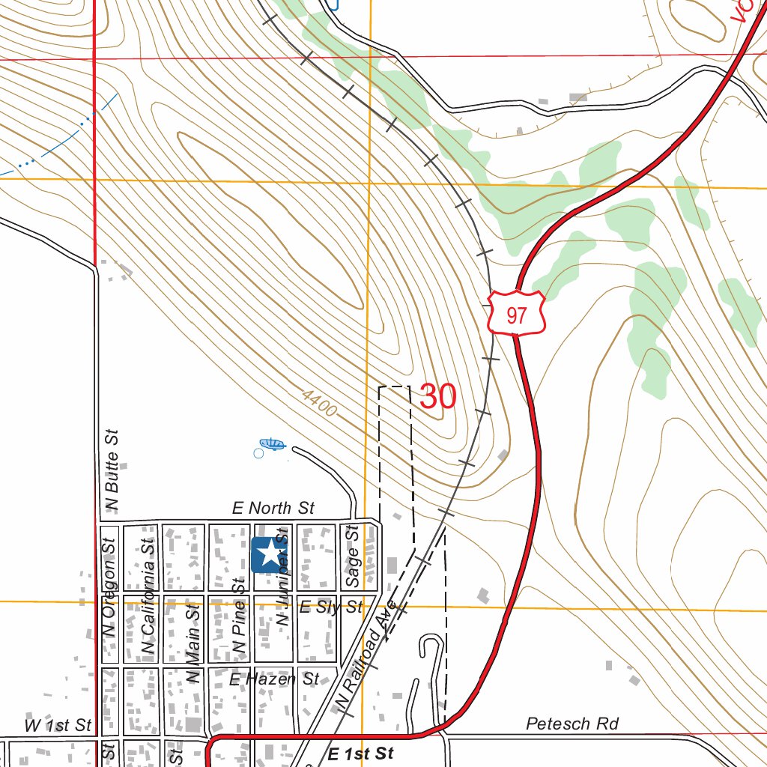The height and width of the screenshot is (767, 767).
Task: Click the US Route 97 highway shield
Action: (516, 314)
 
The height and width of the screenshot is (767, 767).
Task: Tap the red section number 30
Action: (438, 396)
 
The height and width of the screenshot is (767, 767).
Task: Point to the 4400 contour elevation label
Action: (321, 403)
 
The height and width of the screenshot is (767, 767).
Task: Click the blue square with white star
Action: (267, 555)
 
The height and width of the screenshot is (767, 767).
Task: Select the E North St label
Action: (273, 509)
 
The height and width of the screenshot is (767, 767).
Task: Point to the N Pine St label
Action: (239, 615)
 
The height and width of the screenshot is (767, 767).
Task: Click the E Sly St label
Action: (330, 607)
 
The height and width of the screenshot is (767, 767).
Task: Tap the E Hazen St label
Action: (274, 679)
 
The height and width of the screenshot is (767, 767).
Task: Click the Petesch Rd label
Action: (572, 724)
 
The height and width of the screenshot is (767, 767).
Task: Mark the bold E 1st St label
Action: (360, 754)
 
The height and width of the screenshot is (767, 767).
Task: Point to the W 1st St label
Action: (58, 725)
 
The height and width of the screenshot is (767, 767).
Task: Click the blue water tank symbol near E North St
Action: (270, 446)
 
